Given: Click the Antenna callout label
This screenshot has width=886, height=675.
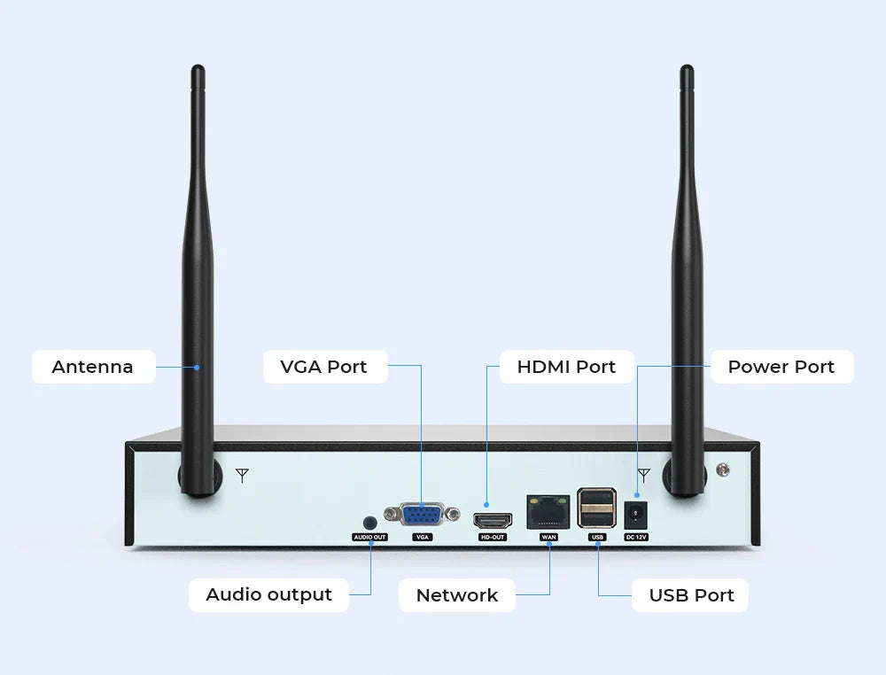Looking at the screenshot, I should pyautogui.click(x=93, y=367).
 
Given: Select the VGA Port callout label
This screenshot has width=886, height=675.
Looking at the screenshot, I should pyautogui.click(x=324, y=367).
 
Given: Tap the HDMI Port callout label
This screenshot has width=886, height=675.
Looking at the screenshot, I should pyautogui.click(x=566, y=367).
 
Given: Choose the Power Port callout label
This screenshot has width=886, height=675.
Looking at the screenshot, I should pyautogui.click(x=781, y=367).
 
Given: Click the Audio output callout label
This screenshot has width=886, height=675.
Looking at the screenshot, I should pyautogui.click(x=268, y=594).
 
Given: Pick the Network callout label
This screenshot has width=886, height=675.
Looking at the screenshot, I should pyautogui.click(x=457, y=595).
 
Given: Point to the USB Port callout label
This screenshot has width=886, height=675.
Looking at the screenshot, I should pyautogui.click(x=691, y=595).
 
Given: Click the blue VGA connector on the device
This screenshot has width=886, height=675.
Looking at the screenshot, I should pyautogui.click(x=422, y=515).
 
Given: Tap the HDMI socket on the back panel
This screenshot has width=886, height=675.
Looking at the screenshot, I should pyautogui.click(x=493, y=520).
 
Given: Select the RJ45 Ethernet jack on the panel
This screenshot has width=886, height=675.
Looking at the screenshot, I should pyautogui.click(x=548, y=512).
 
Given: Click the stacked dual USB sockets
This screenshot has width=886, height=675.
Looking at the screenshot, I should pyautogui.click(x=596, y=509).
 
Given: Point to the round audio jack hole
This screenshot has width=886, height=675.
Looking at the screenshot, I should pyautogui.click(x=370, y=524).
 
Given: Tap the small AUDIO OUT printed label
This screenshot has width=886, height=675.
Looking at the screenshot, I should pyautogui.click(x=369, y=537).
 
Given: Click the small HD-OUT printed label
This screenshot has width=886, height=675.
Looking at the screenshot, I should pyautogui.click(x=493, y=537).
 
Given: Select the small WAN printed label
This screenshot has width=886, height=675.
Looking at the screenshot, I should pyautogui.click(x=548, y=537).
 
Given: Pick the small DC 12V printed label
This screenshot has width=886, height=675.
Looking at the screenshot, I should pyautogui.click(x=636, y=537).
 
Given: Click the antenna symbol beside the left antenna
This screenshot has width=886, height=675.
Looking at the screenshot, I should pyautogui.click(x=242, y=476).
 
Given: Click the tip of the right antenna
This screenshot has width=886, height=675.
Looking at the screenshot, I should pyautogui.click(x=686, y=71).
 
